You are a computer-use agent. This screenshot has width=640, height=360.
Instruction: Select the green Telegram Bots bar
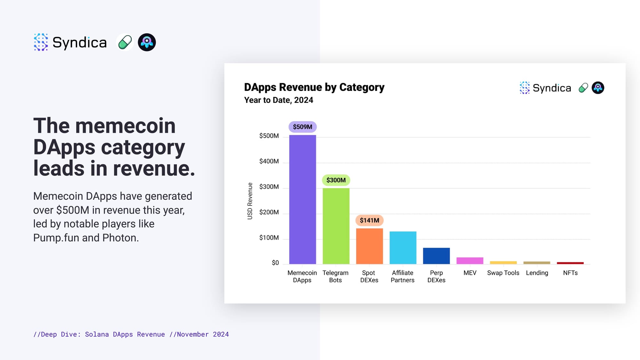pyautogui.click(x=336, y=226)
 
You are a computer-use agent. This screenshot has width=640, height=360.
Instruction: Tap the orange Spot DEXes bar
pyautogui.click(x=369, y=246)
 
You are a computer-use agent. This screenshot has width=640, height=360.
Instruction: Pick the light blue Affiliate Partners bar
pyautogui.click(x=403, y=247)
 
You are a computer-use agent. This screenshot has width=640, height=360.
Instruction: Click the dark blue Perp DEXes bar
pyautogui.click(x=436, y=256)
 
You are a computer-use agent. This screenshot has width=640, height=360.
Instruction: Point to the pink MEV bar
pyautogui.click(x=469, y=260)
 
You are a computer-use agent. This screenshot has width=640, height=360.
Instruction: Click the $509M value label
pyautogui.click(x=302, y=127)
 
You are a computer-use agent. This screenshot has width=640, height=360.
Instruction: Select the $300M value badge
pyautogui.click(x=336, y=180)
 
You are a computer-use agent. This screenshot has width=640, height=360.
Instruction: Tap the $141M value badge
pyautogui.click(x=369, y=220)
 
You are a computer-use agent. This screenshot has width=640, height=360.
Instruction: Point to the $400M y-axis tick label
pyautogui.click(x=269, y=161)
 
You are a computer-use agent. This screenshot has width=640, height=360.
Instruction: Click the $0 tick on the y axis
pyautogui.click(x=275, y=263)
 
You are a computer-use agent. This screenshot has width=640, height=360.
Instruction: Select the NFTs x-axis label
pyautogui.click(x=570, y=273)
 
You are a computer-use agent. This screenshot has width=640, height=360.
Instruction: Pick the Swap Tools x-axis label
pyautogui.click(x=503, y=273)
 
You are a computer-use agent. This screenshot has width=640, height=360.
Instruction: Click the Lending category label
pyautogui.click(x=537, y=273)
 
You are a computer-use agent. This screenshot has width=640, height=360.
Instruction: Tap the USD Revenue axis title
pyautogui.click(x=250, y=201)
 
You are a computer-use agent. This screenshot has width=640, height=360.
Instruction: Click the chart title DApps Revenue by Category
pyautogui.click(x=314, y=87)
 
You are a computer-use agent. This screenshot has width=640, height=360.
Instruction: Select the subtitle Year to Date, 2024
pyautogui.click(x=278, y=100)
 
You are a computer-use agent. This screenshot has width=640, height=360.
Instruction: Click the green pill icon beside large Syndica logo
pyautogui.click(x=125, y=42)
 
